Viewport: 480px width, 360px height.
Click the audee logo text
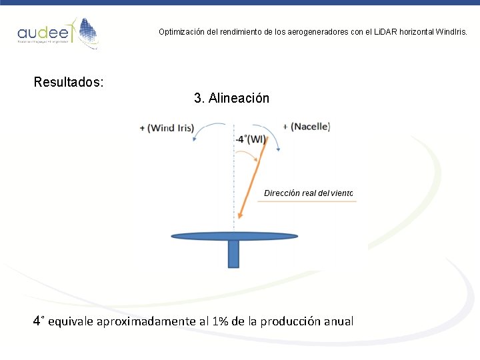tap(39, 33)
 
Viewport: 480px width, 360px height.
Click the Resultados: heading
tap(69, 83)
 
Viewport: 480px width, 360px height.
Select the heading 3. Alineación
tap(231, 98)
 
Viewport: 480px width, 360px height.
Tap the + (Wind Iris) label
tap(167, 127)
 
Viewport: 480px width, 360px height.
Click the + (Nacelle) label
tap(306, 126)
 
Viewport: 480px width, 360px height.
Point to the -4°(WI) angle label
tap(251, 139)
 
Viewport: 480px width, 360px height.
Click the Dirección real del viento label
tap(308, 193)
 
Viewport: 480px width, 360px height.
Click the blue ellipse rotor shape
tap(234, 235)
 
